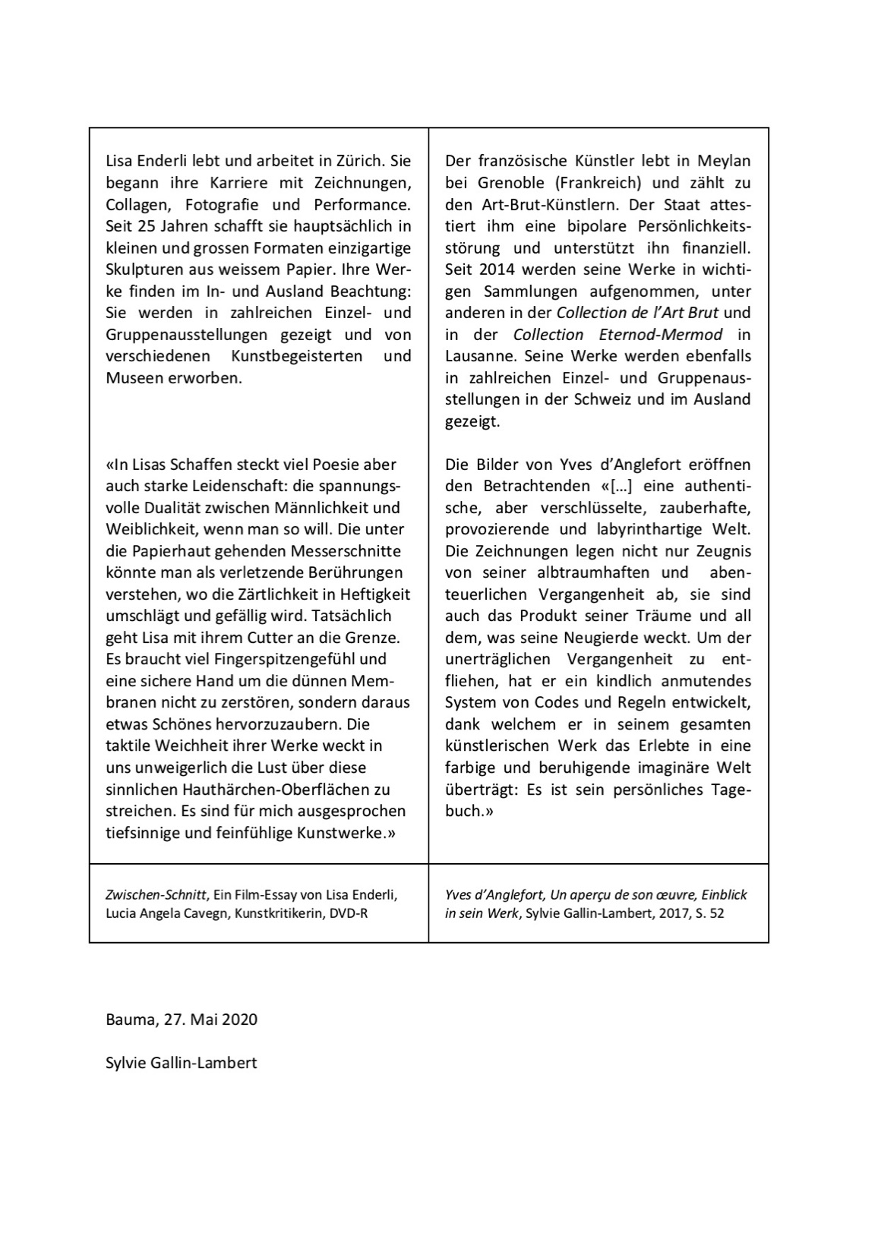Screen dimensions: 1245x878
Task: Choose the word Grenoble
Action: [x=513, y=183]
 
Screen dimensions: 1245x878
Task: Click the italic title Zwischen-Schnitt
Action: [x=156, y=895]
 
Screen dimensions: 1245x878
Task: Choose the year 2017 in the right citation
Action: [x=671, y=913]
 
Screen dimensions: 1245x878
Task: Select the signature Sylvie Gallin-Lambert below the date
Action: [x=181, y=1062]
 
